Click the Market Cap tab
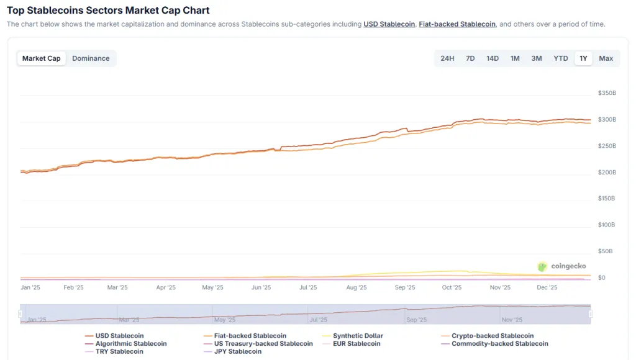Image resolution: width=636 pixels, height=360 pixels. [42, 58]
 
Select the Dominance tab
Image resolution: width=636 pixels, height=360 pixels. [91, 58]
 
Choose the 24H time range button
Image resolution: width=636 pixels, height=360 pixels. [447, 58]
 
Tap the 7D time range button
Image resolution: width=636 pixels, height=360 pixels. [470, 58]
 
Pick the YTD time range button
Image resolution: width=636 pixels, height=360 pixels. [561, 58]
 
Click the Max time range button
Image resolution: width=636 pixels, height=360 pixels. [606, 58]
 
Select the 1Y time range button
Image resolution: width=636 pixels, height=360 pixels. [583, 58]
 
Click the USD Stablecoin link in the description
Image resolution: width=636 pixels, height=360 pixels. [389, 24]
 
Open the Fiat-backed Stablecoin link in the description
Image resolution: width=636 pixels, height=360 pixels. [457, 24]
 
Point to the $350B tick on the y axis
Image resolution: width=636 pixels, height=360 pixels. [607, 93]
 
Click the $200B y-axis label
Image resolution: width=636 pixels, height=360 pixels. [607, 172]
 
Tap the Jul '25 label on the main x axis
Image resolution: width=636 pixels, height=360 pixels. [308, 287]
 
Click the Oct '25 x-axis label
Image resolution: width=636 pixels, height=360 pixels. [452, 287]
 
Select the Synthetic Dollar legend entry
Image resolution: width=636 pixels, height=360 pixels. [358, 336]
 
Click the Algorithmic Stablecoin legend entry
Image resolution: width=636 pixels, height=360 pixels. [131, 343]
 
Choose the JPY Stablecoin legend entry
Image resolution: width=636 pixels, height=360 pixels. [238, 351]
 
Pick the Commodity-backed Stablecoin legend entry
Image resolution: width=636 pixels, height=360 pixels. [499, 343]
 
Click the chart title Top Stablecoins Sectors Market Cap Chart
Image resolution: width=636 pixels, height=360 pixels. [108, 11]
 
